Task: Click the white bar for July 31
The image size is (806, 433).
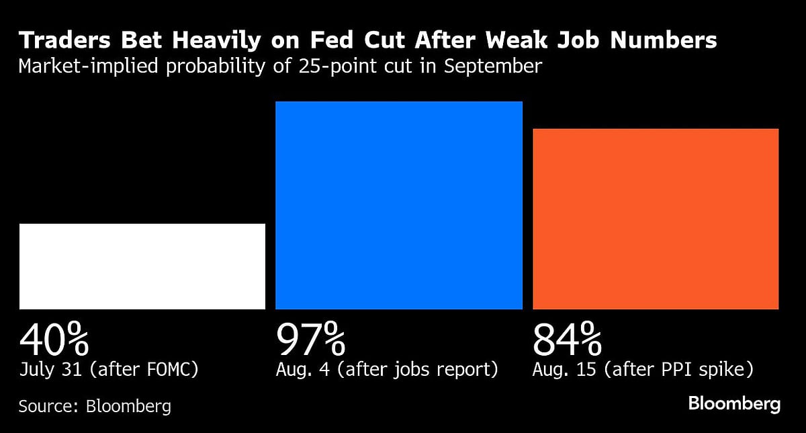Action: tap(142, 266)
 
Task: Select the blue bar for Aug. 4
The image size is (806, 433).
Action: tap(399, 205)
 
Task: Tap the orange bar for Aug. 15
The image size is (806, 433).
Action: tap(656, 219)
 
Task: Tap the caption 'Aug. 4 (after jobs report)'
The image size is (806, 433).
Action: tap(387, 370)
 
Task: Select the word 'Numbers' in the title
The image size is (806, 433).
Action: tap(659, 42)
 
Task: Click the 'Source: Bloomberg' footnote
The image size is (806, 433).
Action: tap(95, 406)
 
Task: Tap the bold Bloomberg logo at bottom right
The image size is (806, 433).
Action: tap(734, 404)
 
